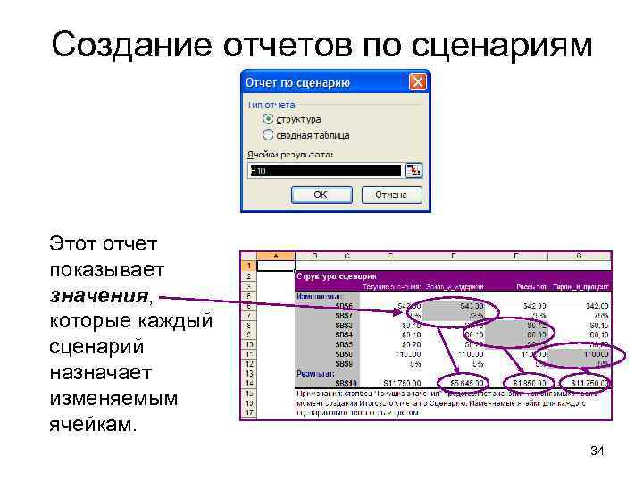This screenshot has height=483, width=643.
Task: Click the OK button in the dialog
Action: point(321,195)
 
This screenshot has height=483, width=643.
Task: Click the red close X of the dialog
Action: point(417,83)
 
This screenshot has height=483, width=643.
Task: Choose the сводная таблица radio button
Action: point(268,134)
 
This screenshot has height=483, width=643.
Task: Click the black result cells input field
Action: point(325,170)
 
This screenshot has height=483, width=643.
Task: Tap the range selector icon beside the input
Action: point(413,170)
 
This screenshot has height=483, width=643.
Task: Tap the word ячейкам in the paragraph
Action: point(93,423)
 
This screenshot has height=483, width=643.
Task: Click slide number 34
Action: point(597,452)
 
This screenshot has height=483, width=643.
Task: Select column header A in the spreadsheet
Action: point(276,256)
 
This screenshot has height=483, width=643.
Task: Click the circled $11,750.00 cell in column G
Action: point(586,384)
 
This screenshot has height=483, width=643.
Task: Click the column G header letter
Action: point(578,256)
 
